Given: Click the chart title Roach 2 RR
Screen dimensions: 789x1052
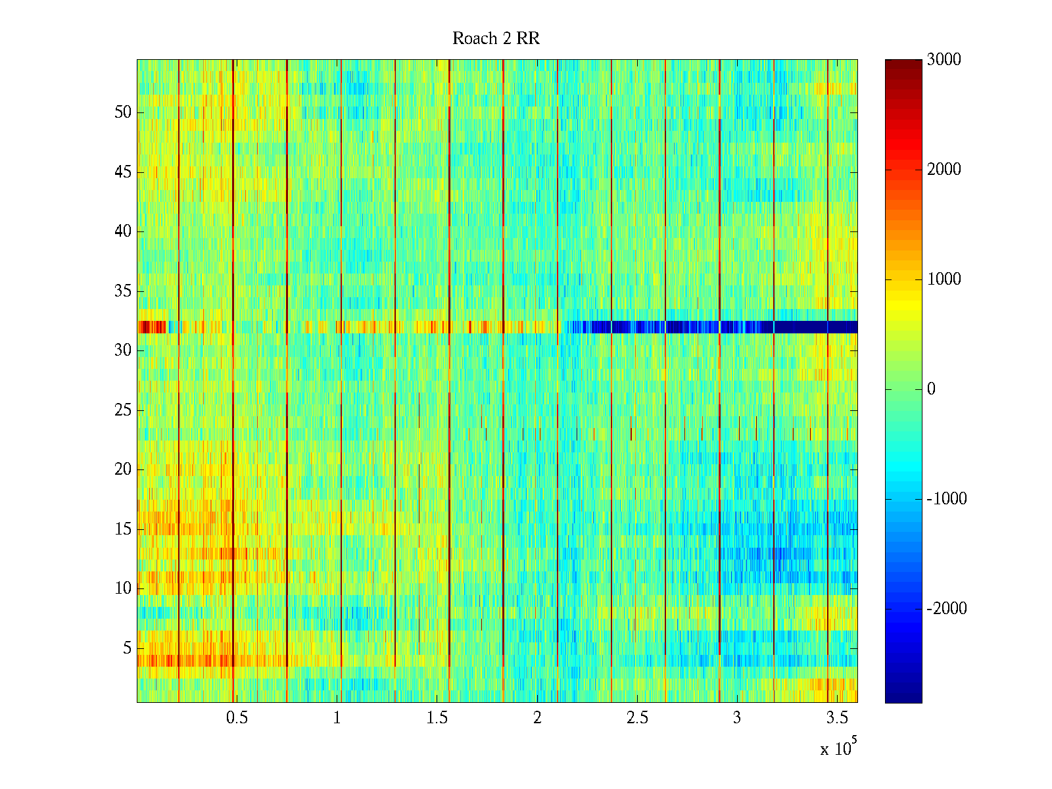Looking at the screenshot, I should (x=496, y=39).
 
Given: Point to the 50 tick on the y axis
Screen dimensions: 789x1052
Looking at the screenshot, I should (x=123, y=112).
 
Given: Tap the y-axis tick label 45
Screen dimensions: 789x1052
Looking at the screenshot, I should (x=123, y=172).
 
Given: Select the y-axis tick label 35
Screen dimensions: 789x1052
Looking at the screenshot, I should (x=123, y=291).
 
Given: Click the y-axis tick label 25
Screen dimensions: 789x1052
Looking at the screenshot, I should (x=123, y=410).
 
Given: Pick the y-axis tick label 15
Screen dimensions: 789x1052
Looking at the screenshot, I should (x=123, y=529).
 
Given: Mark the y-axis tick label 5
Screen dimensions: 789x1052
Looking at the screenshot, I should (x=127, y=648).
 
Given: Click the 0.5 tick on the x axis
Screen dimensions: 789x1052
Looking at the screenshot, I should (x=237, y=718).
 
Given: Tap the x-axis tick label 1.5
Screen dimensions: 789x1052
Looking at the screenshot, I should (x=437, y=718).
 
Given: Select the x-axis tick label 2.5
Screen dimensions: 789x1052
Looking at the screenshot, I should (x=636, y=718).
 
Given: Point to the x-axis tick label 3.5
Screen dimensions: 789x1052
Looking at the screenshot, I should (x=836, y=718).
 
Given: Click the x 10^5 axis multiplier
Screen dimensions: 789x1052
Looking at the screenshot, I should (x=838, y=748).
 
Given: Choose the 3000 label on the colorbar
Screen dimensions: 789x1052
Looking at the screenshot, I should (x=944, y=60).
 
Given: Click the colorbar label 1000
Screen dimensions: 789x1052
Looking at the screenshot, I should (x=944, y=279).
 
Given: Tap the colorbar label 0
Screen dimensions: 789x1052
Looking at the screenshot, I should (x=931, y=389).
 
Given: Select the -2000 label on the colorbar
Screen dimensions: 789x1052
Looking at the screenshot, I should (x=947, y=609).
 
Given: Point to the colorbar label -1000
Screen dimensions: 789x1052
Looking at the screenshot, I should (x=947, y=499).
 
